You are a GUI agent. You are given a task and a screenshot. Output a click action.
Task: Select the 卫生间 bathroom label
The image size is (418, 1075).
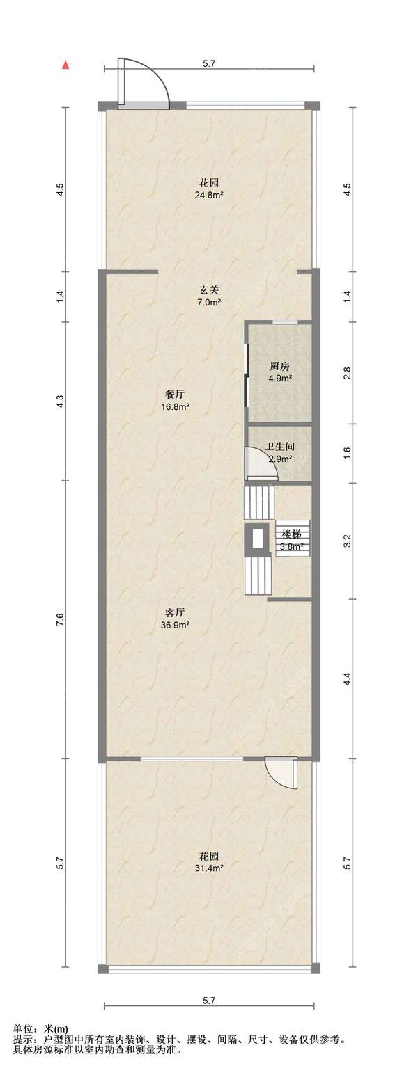[x=280, y=446]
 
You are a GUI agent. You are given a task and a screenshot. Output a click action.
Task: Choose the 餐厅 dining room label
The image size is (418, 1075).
[x=176, y=395]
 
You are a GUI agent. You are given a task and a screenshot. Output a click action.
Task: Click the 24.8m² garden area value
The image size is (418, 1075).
[x=210, y=195]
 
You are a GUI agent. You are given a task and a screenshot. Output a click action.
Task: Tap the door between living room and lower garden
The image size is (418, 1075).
[x=281, y=771]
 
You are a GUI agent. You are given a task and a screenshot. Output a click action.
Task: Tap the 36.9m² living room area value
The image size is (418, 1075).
[x=176, y=625]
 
